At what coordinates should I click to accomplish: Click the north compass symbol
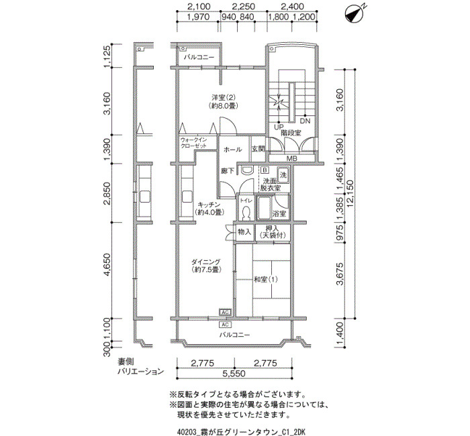pos(355,14)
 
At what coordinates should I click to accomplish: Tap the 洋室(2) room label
pos(224,98)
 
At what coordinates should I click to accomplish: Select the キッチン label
pos(209,205)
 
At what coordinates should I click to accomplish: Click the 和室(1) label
pos(266,280)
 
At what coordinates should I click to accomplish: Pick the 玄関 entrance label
pos(258,149)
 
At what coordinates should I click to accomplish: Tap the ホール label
pos(232,149)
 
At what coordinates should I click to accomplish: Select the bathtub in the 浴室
pos(265,209)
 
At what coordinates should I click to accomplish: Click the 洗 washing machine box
pos(283,175)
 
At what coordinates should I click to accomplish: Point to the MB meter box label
pos(291,158)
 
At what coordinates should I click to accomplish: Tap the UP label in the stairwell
pos(279,127)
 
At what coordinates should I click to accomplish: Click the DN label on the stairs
pos(305,121)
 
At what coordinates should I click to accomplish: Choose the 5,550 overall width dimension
pos(234,373)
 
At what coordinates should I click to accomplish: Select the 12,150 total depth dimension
pos(350,193)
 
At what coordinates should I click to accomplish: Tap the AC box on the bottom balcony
pos(226,325)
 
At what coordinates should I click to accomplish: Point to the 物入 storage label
pos(244,231)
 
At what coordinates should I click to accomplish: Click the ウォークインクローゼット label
pos(193,142)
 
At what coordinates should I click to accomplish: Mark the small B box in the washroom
pos(265,170)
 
